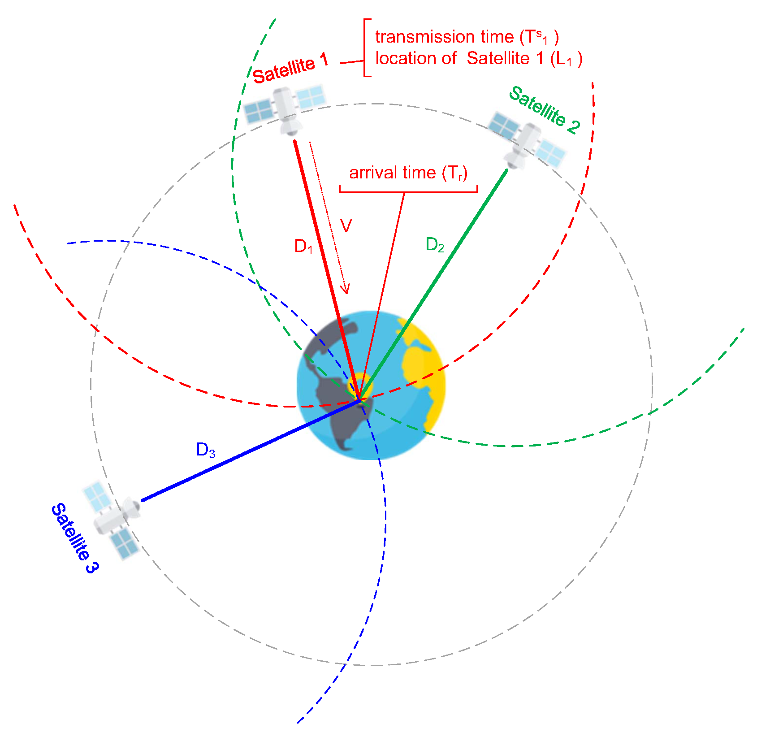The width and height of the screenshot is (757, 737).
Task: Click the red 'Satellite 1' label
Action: click(290, 69)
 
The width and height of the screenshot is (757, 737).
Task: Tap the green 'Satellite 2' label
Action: click(544, 109)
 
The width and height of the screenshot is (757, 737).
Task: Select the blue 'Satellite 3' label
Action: click(74, 538)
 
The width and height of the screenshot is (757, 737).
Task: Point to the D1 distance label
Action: click(303, 246)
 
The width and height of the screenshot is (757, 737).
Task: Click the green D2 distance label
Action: click(435, 245)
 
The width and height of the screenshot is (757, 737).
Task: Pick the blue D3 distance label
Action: click(206, 450)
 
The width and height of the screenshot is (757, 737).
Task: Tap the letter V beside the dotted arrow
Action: click(346, 226)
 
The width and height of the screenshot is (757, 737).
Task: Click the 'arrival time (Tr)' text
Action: click(408, 173)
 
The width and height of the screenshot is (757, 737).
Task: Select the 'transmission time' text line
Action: click(467, 37)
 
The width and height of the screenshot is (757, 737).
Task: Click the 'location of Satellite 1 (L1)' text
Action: click(479, 59)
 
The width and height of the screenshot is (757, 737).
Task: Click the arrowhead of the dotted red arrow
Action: click(345, 290)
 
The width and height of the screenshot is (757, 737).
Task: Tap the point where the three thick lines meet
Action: click(359, 399)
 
